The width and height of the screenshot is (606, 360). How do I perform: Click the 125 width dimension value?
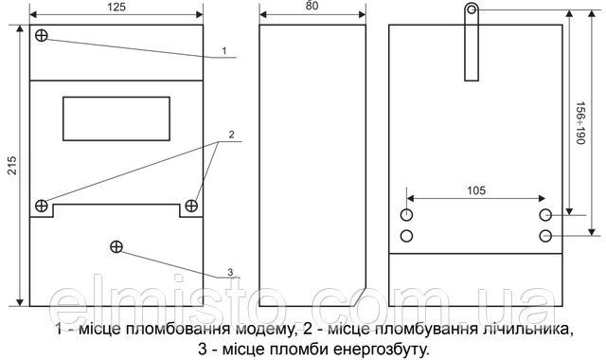116,8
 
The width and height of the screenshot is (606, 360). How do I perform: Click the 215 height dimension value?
11,163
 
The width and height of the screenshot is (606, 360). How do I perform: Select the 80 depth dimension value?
312,8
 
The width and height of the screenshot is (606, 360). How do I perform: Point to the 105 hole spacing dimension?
475,190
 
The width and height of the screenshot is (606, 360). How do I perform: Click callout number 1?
223,49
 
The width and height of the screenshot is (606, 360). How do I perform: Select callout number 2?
230,135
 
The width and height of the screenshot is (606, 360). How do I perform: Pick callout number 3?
229,272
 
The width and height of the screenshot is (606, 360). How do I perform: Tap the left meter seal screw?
42,206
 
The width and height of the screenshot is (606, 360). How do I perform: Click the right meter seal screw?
192,206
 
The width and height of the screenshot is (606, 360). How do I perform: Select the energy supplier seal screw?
117,247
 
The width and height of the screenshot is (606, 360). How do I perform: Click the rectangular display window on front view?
116,117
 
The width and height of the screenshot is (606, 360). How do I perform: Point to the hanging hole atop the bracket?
472,10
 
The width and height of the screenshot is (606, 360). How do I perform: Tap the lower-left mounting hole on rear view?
407,235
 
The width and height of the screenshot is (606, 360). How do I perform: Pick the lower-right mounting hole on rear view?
545,235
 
